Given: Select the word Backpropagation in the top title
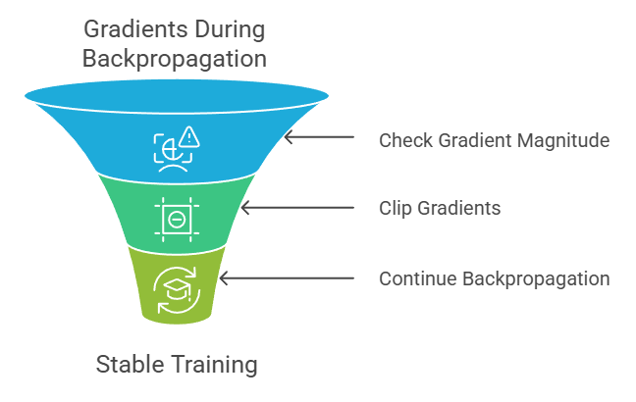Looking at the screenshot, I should click(175, 58).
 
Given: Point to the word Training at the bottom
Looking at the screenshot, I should click(213, 366).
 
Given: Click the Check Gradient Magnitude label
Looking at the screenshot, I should click(494, 140).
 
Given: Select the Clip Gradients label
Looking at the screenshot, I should click(440, 208).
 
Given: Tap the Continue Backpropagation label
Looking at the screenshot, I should click(494, 278).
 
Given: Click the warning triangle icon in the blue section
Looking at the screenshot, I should click(188, 136).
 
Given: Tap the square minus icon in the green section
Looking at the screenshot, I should click(176, 219).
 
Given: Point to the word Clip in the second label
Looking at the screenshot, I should click(395, 208).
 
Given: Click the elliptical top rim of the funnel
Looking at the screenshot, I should click(176, 96).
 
